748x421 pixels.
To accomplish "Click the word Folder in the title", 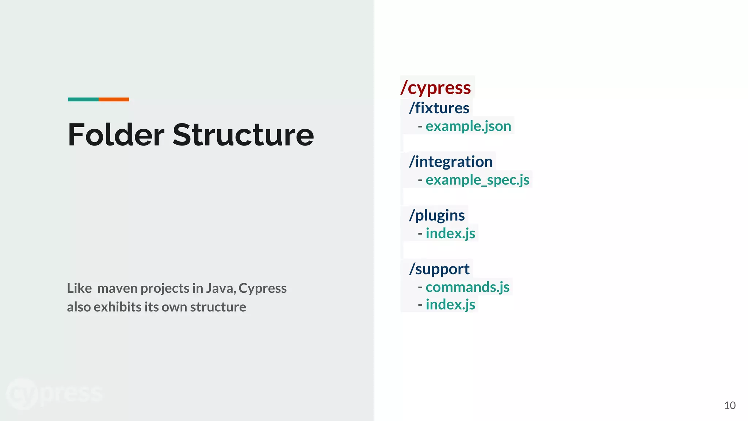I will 116,135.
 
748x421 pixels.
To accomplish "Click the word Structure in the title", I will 243,135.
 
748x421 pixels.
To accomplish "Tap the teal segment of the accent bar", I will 83,99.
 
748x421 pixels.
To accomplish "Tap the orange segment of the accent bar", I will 114,99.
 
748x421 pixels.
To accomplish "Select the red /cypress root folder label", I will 436,88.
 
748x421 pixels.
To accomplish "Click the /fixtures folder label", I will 439,108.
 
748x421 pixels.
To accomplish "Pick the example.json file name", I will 468,126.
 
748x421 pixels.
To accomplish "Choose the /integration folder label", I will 451,162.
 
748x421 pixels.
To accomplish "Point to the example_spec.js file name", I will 477,180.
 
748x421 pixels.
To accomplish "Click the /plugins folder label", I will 437,215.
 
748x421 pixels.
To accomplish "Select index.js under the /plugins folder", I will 450,234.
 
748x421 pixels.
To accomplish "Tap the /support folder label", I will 439,269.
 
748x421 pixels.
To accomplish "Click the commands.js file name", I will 467,287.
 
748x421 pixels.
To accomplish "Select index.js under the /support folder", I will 450,304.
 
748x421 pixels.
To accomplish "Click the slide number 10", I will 729,405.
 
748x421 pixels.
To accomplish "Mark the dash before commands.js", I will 420,287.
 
